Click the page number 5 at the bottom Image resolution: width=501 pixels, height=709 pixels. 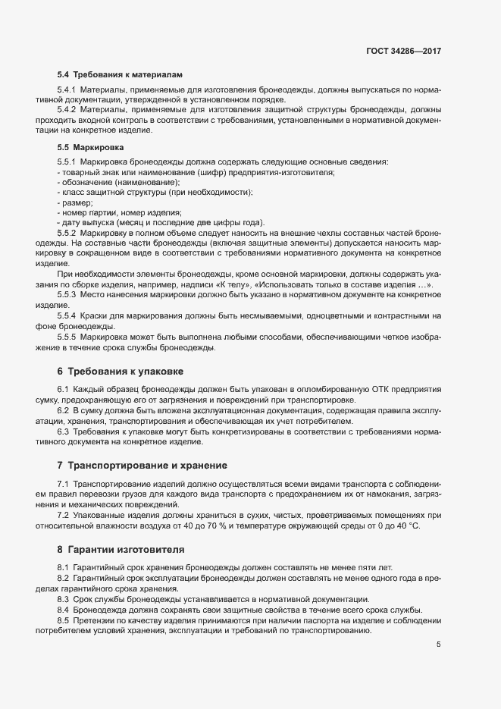[439, 645]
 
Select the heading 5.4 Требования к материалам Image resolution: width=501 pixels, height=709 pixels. [121, 76]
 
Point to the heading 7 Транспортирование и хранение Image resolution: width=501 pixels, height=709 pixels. [142, 464]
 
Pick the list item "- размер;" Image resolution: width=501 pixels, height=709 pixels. [75, 202]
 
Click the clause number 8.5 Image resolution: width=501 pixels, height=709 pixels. [63, 620]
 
